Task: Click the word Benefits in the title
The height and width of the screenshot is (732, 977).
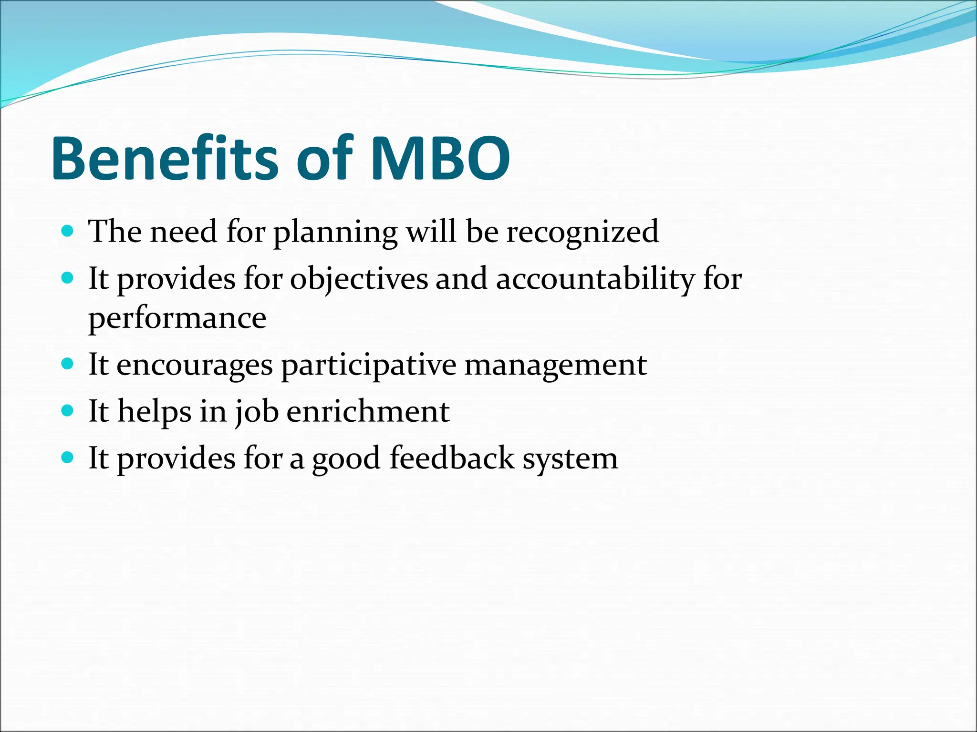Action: coord(165,158)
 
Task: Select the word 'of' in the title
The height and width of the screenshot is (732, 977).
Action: coord(324,158)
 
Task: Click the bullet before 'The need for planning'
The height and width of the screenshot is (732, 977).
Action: coord(68,232)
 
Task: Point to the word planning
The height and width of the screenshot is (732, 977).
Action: coord(335,233)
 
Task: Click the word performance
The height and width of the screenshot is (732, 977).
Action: coord(177,318)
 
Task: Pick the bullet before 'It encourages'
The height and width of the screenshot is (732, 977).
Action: coord(68,365)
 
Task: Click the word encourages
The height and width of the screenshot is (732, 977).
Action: coord(195,366)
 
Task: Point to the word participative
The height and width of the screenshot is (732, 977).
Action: coord(368,366)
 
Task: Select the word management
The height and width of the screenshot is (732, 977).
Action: coord(555,366)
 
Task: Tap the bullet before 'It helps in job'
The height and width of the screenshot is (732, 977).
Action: coord(68,411)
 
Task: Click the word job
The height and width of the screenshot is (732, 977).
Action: coord(257,412)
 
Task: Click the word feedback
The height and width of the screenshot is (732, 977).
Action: coord(452,458)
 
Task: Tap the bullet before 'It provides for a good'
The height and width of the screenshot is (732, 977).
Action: coord(68,458)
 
